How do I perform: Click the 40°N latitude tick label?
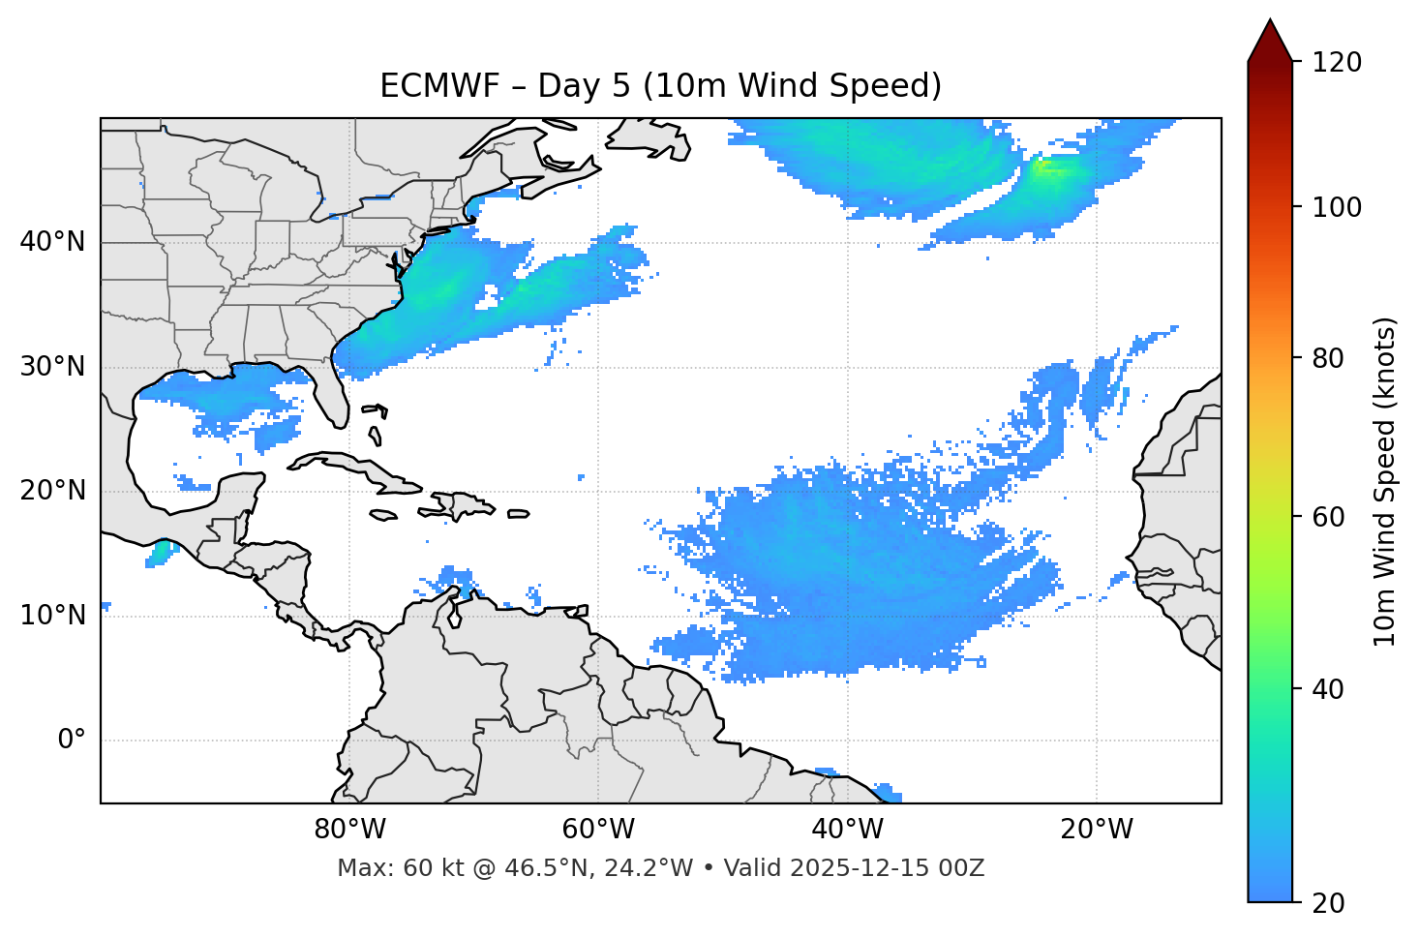point(52,242)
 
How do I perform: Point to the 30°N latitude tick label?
point(52,367)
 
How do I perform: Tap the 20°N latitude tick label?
point(52,491)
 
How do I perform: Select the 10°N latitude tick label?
point(52,616)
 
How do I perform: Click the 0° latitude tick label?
point(72,741)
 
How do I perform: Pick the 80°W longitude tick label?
point(349,830)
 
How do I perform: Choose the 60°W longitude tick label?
point(598,830)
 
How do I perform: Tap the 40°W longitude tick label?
point(847,830)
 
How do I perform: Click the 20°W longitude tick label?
point(1096,830)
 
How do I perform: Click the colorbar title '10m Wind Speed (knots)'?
point(1385,481)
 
